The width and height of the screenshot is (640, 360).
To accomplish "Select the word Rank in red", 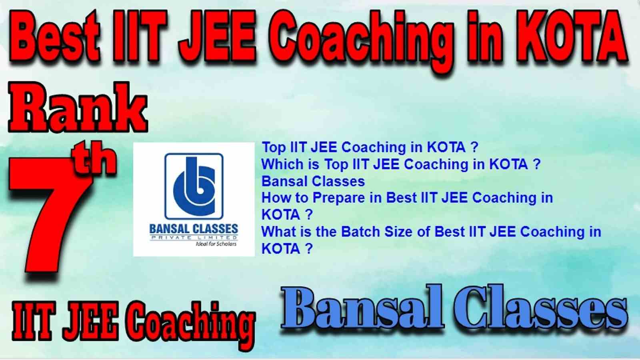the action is (78, 107).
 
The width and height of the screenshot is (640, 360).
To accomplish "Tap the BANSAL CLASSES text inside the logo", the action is (194, 228).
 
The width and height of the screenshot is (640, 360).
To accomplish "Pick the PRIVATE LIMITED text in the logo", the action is (194, 238).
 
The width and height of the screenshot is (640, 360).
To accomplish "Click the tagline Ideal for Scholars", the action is (216, 244).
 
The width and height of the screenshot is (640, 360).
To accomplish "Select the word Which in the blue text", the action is (282, 164).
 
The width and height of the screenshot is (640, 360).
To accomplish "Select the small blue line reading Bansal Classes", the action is (313, 182).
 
